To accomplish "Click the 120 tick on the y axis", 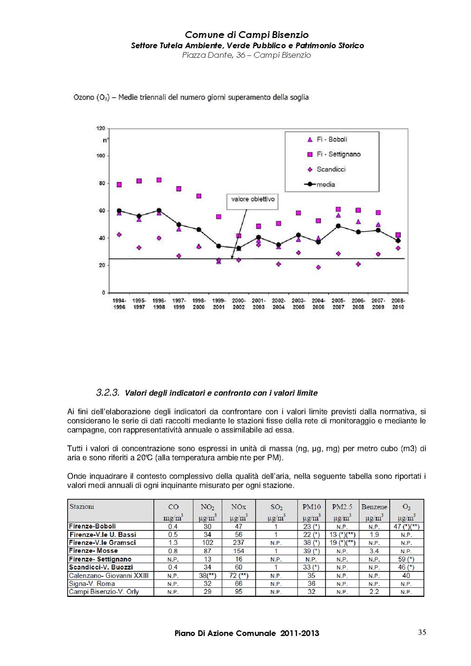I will (x=100, y=128).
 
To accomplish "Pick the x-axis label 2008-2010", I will (x=398, y=304).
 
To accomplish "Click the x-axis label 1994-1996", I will (x=119, y=304).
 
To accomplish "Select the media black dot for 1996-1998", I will (x=159, y=210).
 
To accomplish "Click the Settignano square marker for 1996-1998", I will (x=159, y=180).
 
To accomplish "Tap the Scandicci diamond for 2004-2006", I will (x=318, y=267).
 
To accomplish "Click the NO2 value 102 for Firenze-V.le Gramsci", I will (x=208, y=543).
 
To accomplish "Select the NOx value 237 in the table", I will (x=238, y=543).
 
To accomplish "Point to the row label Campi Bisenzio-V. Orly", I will (x=104, y=592).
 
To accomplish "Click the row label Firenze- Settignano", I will (x=100, y=559).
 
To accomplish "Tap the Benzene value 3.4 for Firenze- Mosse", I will (x=374, y=551).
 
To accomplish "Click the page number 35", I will (x=422, y=633).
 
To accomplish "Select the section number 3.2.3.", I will (x=108, y=392).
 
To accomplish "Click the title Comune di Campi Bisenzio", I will (x=247, y=35).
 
